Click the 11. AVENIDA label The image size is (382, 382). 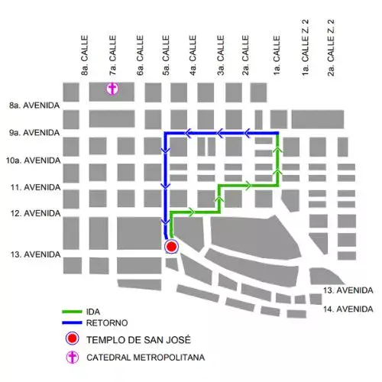(x=32, y=187)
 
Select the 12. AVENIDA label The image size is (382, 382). (x=32, y=214)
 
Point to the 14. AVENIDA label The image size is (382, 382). (x=347, y=309)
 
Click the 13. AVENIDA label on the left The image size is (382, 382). (x=32, y=254)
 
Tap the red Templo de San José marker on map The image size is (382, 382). (x=171, y=246)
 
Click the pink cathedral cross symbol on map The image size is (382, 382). (x=112, y=89)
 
